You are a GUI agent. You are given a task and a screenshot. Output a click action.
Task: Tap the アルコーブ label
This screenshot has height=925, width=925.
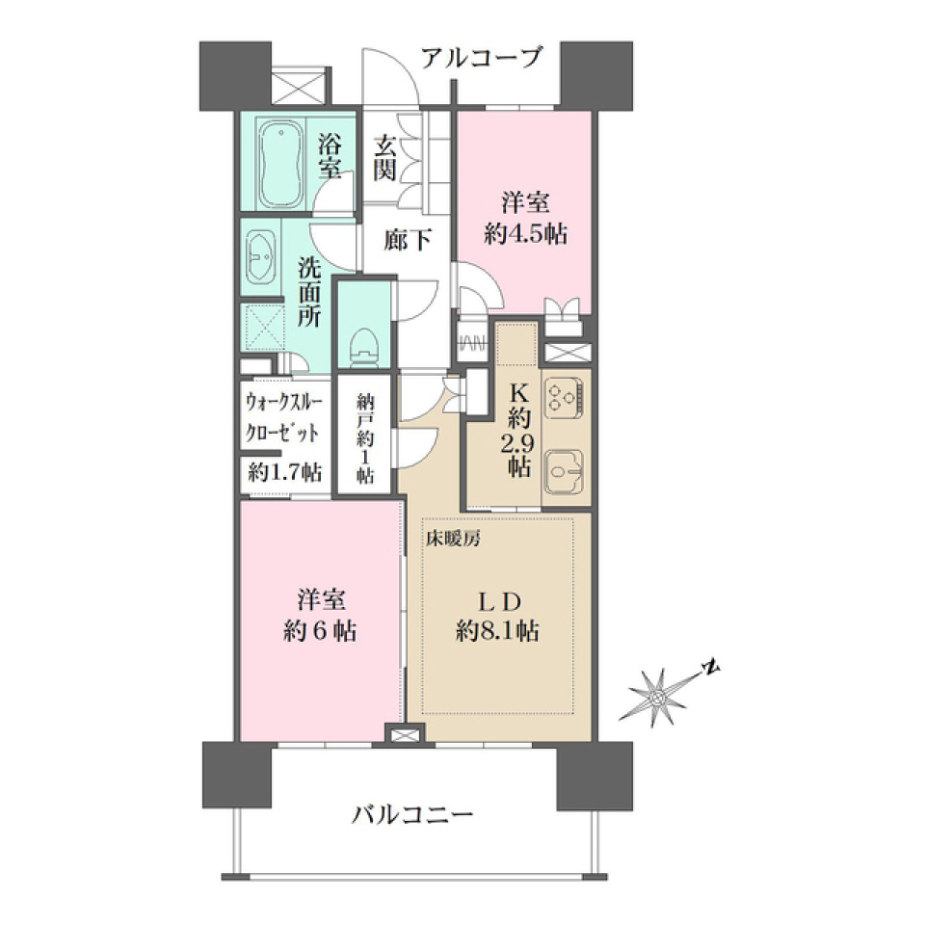click(482, 58)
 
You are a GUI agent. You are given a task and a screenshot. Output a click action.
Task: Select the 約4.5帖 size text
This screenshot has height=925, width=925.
click(525, 234)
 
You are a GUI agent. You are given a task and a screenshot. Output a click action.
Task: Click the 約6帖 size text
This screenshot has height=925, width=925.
click(321, 631)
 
